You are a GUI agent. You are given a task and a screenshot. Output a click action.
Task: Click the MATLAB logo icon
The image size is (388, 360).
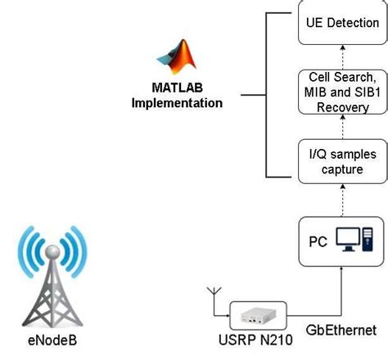[178, 56]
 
